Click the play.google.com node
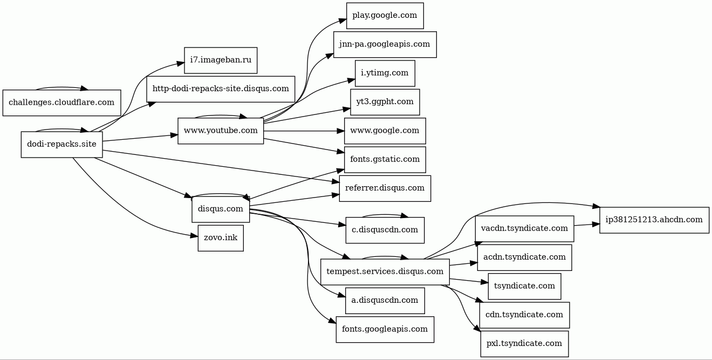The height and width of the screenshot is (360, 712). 385,16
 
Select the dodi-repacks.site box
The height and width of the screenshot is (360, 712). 61,145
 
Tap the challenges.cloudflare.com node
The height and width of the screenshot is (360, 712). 61,103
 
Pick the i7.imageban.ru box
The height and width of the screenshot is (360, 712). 221,60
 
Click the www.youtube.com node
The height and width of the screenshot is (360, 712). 221,131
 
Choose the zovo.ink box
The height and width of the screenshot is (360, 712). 221,238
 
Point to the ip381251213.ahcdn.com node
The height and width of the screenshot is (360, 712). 654,220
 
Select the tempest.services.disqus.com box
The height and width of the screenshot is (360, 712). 385,272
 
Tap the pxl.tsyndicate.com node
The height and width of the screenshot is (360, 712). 524,344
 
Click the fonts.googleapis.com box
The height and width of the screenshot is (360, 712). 385,329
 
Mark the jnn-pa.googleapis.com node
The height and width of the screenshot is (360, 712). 385,44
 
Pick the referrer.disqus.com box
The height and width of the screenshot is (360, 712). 385,188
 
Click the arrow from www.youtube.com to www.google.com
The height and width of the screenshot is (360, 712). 304,131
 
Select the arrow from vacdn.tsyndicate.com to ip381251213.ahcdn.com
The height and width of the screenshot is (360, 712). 587,225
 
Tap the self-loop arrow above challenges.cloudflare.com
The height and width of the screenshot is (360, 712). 61,87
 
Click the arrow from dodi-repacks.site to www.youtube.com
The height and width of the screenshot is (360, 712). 140,138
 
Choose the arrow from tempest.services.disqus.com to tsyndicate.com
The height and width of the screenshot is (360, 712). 469,281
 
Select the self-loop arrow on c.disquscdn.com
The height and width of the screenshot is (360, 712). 385,215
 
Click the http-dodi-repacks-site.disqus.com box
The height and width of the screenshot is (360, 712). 221,89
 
